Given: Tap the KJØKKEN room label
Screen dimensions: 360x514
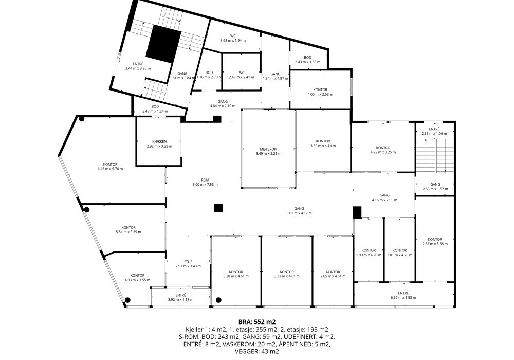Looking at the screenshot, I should click(x=159, y=141).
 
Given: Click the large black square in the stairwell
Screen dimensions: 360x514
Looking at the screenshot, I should click(x=163, y=44).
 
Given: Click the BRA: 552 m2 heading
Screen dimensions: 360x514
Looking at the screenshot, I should click(x=257, y=321).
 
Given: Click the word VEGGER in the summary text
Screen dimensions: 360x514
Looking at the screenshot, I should click(x=245, y=351).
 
